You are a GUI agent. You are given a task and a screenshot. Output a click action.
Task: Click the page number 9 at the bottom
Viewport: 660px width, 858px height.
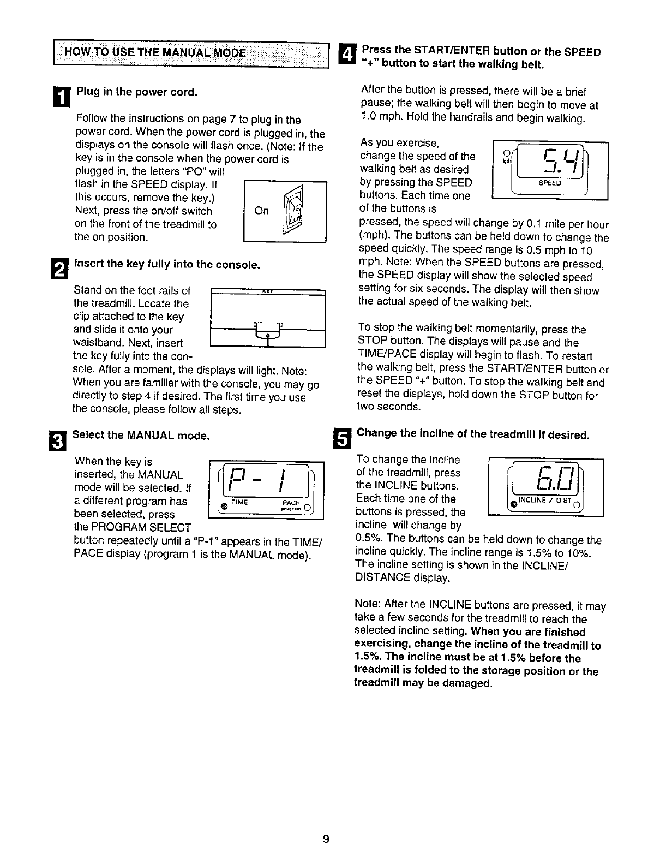[325, 839]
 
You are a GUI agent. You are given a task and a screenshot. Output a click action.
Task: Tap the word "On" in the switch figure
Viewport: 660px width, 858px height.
[262, 211]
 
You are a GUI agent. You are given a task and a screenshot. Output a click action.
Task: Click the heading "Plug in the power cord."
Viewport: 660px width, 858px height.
[136, 91]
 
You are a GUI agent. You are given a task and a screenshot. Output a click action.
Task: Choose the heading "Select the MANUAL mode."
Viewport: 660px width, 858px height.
[141, 436]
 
